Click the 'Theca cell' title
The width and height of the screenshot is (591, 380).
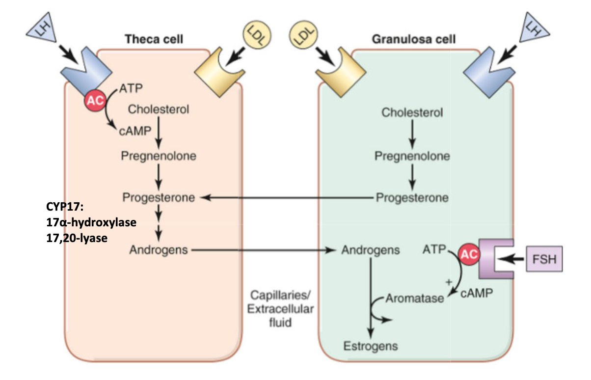pyautogui.click(x=154, y=38)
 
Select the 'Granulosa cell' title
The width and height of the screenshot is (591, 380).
pyautogui.click(x=414, y=38)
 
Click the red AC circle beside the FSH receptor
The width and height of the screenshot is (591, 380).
pyautogui.click(x=469, y=254)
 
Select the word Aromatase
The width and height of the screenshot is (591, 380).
pyautogui.click(x=415, y=298)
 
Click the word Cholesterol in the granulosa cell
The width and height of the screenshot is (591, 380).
pyautogui.click(x=412, y=113)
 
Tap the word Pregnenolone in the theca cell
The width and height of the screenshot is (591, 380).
pyautogui.click(x=159, y=156)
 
